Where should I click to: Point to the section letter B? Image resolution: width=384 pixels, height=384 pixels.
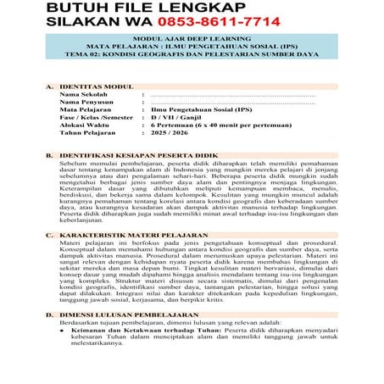[x=48, y=157]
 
